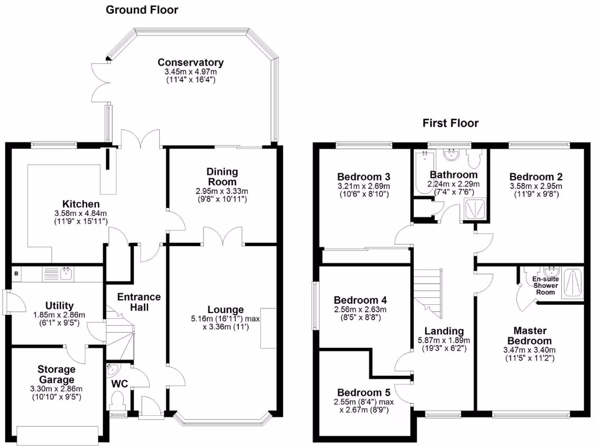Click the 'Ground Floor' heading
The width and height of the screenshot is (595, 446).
[x=142, y=10]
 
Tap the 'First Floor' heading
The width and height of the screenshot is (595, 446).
[x=450, y=123]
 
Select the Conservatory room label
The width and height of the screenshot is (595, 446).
[x=191, y=63]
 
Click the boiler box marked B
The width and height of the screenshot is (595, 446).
[x=16, y=273]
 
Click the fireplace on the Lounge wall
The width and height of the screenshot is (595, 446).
[x=268, y=328]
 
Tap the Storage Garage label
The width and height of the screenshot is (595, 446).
[x=57, y=375]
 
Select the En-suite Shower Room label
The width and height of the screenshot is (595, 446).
[x=546, y=286]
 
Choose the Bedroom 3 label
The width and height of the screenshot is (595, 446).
[x=363, y=177]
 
